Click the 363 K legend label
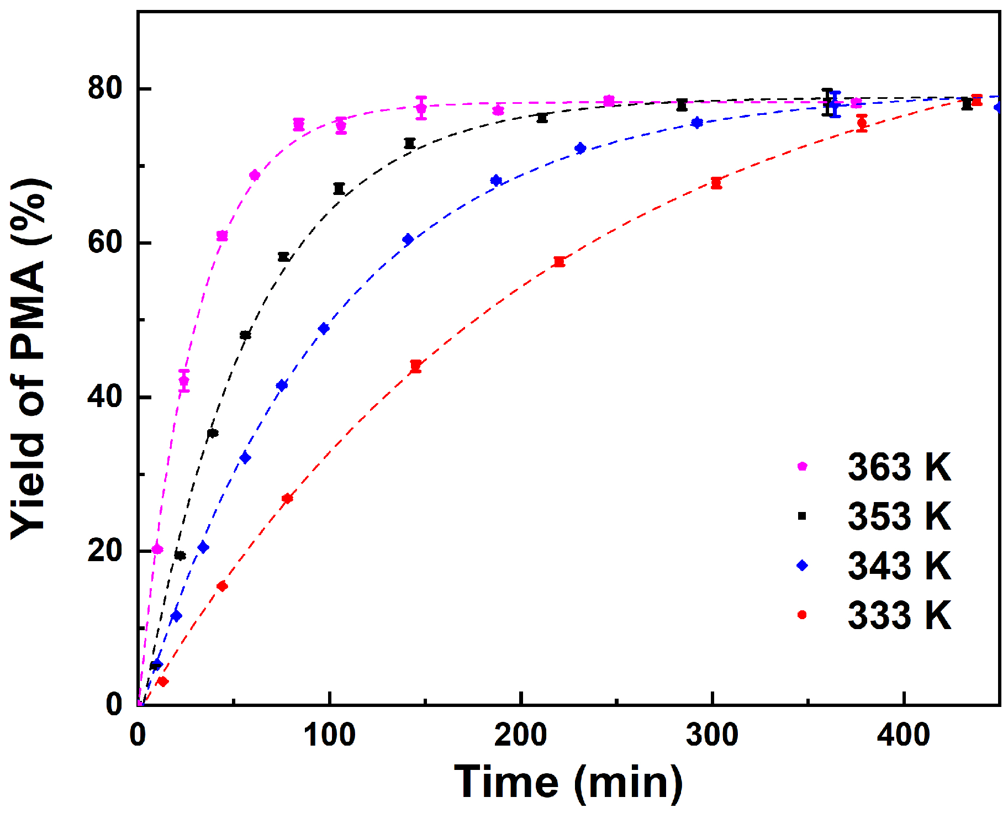click(x=899, y=467)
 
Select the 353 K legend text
click(x=899, y=516)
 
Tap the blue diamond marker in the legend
click(x=803, y=565)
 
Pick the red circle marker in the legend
click(x=803, y=614)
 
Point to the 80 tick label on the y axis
click(x=105, y=88)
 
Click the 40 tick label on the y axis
click(x=105, y=397)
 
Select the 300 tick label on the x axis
click(x=712, y=735)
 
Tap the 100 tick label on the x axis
click(x=329, y=735)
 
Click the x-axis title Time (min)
click(x=568, y=782)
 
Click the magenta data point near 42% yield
click(x=184, y=381)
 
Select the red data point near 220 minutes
click(x=559, y=262)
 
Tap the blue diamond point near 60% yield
click(x=408, y=239)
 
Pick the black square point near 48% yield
click(x=245, y=335)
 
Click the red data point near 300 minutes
click(x=716, y=183)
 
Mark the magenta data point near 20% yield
click(x=157, y=549)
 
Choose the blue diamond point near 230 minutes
click(x=580, y=148)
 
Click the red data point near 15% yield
click(x=222, y=586)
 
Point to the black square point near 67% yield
click(x=339, y=188)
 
